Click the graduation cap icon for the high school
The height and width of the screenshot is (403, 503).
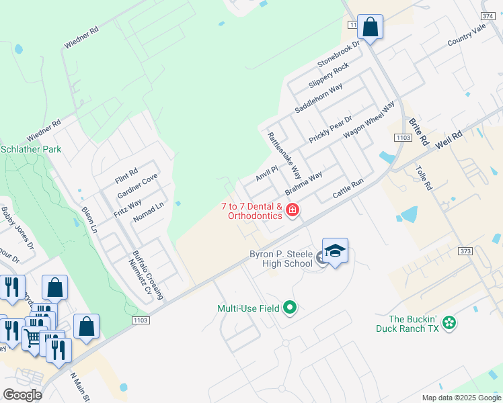click(x=335, y=251)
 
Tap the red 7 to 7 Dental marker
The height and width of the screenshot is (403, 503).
click(x=293, y=210)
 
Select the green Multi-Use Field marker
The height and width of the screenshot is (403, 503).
click(x=290, y=308)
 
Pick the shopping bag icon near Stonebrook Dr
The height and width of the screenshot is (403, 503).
click(x=370, y=27)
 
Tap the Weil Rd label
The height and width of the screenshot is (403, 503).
click(x=449, y=139)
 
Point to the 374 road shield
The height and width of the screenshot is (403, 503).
click(x=489, y=15)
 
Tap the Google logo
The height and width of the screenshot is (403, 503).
click(x=22, y=395)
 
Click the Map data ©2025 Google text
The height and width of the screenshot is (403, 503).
click(x=461, y=398)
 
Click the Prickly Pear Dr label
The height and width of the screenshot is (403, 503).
click(x=331, y=128)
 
